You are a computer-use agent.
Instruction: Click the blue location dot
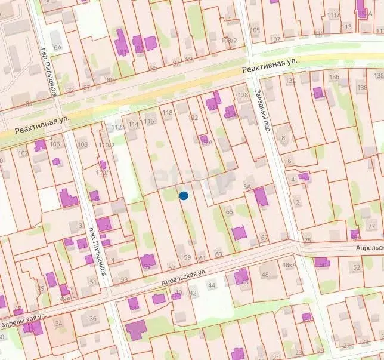pos(184,195)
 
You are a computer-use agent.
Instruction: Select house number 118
pos(167,113)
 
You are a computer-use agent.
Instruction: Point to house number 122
pos(193,118)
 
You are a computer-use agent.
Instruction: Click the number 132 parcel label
pos(290,81)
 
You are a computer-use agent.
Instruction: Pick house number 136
pos(334,77)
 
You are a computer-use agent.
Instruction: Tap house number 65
pos(230,211)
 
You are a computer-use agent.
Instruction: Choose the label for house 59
pos(187,258)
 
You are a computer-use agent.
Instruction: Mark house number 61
pos(202,258)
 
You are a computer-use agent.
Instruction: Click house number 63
pos(219,254)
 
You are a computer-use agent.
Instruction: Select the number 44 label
pos(211,286)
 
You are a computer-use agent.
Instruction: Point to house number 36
pos(93,319)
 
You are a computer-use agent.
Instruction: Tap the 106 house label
pos(55,144)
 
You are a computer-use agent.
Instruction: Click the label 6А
pos(57,47)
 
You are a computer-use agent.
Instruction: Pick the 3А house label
pos(247,187)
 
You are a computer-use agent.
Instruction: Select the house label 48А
pos(289,265)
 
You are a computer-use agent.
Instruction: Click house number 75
pos(308,241)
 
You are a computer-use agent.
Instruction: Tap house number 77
pos(371,226)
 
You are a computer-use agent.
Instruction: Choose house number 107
pos(275,39)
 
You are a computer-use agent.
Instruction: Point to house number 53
pos(124,279)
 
